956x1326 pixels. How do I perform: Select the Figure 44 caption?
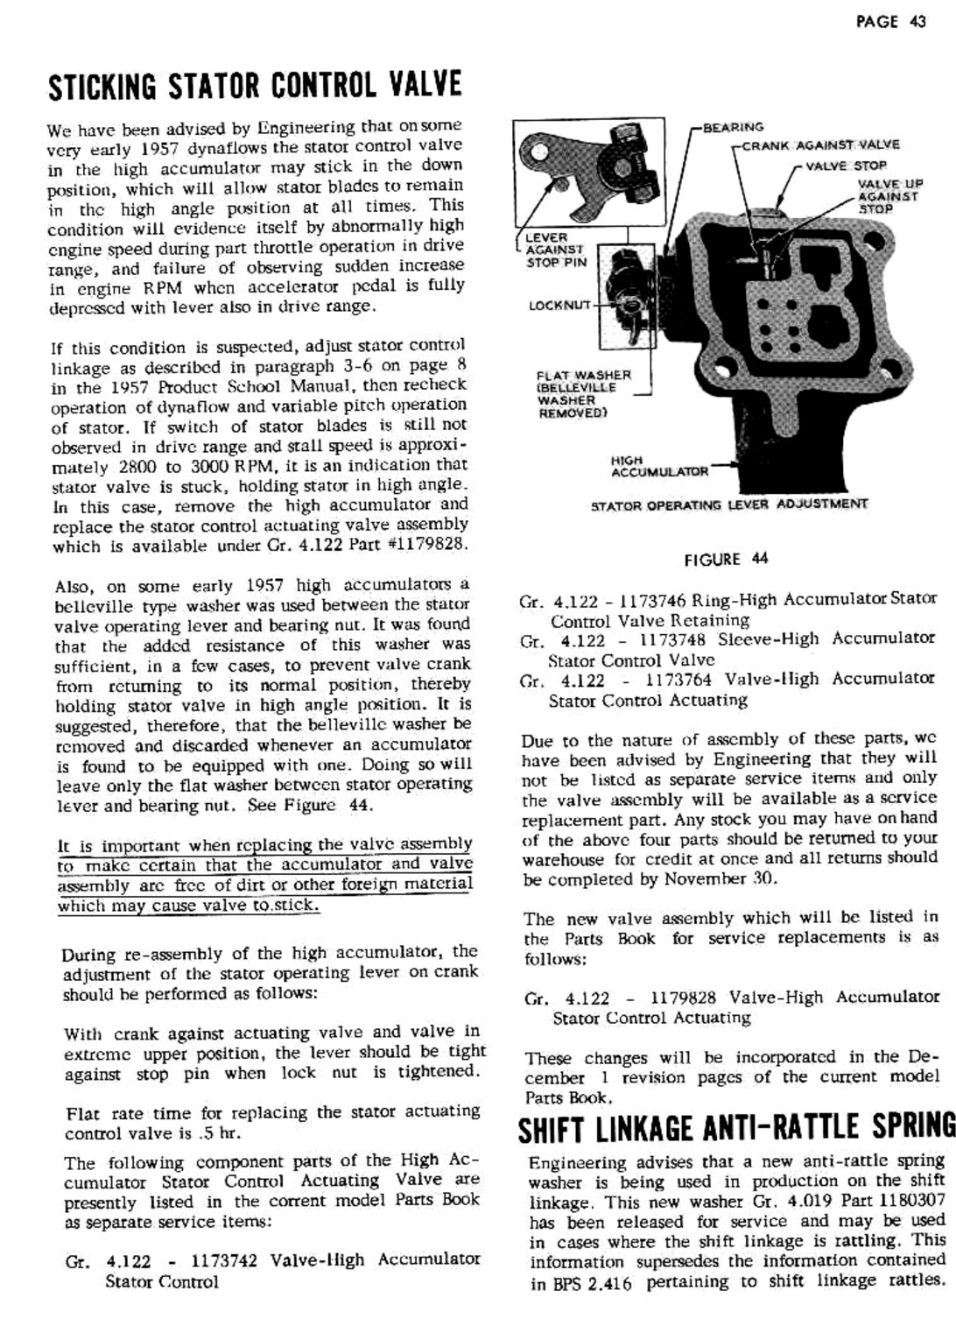coord(727,560)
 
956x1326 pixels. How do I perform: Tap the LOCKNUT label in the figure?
coord(560,306)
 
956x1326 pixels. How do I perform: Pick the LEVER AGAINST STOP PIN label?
coord(556,250)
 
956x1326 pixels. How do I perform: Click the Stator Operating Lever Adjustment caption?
coord(729,504)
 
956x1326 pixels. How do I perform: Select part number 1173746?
coord(652,600)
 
